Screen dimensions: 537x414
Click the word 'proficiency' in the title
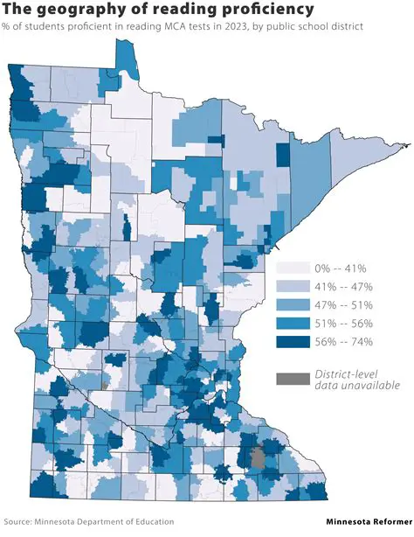(263, 10)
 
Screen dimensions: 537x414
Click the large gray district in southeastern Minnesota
(258, 459)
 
